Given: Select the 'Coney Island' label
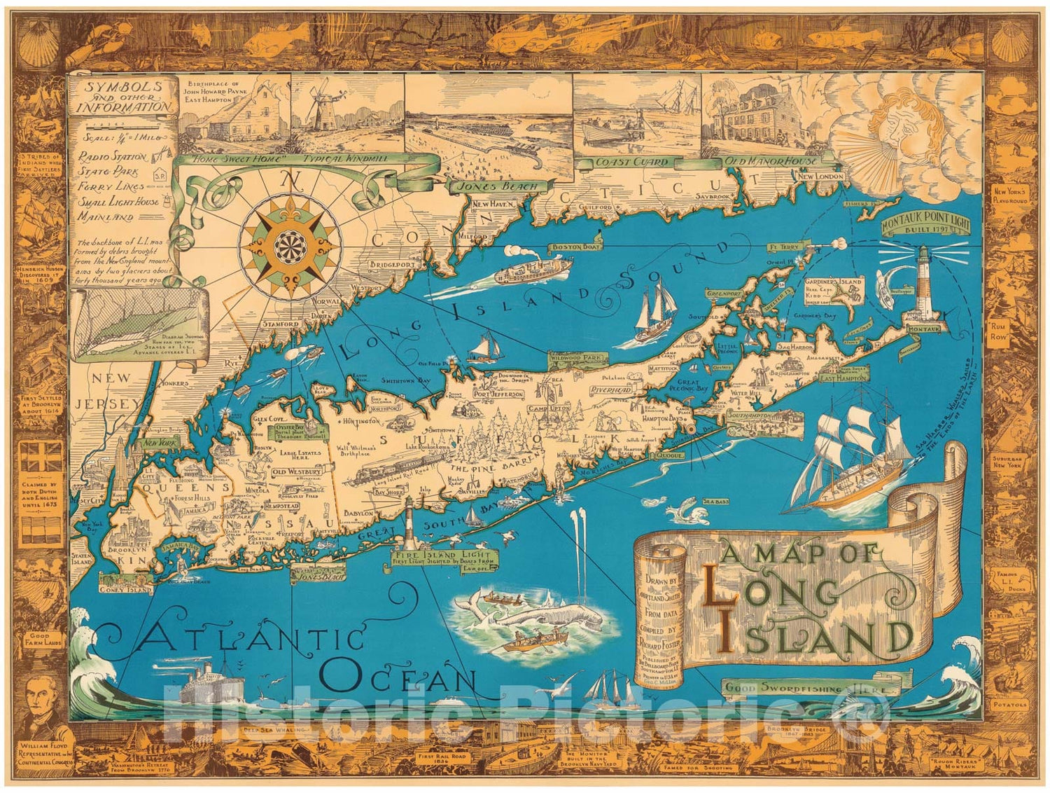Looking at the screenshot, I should [126, 589].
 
